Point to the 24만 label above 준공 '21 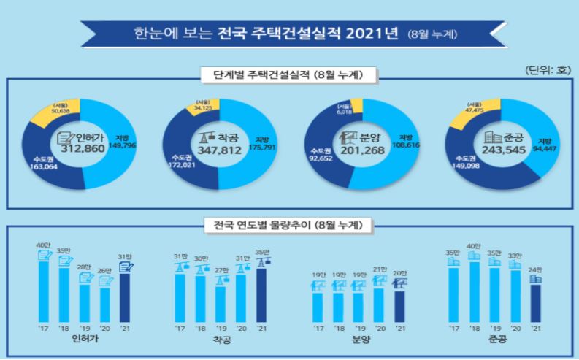click(536, 269)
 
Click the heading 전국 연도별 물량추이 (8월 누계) click(290, 224)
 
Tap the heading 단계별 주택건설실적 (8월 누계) click(290, 74)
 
